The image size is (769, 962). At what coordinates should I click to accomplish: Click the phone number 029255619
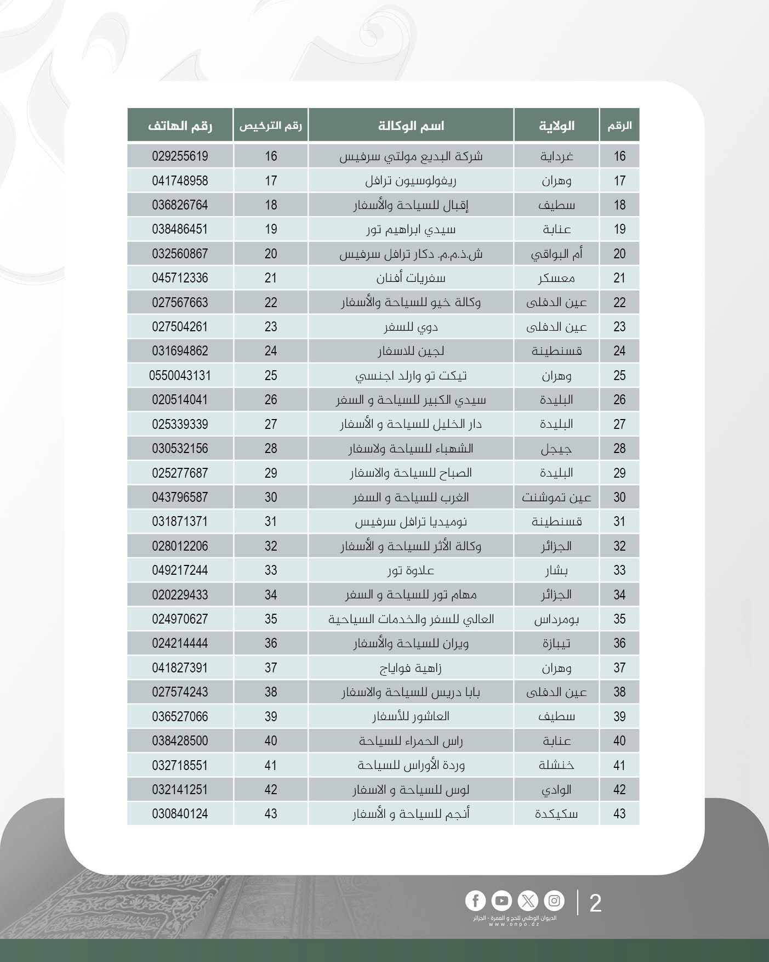pyautogui.click(x=180, y=156)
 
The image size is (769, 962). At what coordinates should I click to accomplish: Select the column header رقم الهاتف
pyautogui.click(x=180, y=126)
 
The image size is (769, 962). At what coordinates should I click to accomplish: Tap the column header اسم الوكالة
pyautogui.click(x=411, y=126)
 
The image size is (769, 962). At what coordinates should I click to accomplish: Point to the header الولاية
pyautogui.click(x=556, y=126)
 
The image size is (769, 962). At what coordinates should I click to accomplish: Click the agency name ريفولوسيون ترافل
pyautogui.click(x=411, y=180)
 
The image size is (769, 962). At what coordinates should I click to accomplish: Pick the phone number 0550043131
pyautogui.click(x=180, y=376)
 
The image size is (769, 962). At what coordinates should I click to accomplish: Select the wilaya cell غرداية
pyautogui.click(x=556, y=156)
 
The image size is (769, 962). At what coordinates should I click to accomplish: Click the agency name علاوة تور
pyautogui.click(x=411, y=570)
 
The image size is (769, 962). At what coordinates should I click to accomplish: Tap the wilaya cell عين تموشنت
pyautogui.click(x=556, y=497)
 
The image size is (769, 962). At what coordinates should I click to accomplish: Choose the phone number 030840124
pyautogui.click(x=180, y=813)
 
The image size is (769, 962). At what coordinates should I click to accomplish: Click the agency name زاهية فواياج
pyautogui.click(x=411, y=668)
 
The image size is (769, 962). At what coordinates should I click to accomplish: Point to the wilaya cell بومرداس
pyautogui.click(x=556, y=619)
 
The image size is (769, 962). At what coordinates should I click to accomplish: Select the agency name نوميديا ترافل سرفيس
pyautogui.click(x=411, y=522)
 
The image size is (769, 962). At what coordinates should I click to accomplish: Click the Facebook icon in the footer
pyautogui.click(x=475, y=901)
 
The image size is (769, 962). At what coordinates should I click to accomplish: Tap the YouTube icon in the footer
pyautogui.click(x=502, y=901)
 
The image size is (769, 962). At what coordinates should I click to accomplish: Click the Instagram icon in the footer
pyautogui.click(x=554, y=901)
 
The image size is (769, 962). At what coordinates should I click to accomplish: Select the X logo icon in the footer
pyautogui.click(x=528, y=901)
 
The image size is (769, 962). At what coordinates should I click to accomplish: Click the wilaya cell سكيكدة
pyautogui.click(x=556, y=813)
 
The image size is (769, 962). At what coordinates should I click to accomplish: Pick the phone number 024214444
pyautogui.click(x=180, y=643)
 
